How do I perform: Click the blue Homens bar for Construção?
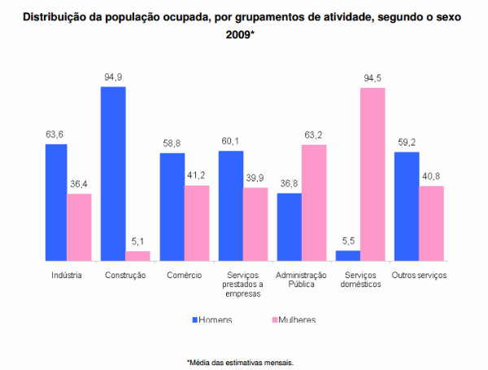click(113, 173)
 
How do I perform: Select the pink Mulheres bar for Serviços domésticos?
click(372, 173)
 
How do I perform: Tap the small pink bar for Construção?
click(137, 255)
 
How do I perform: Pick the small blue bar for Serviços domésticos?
click(348, 255)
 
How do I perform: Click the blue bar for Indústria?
click(55, 202)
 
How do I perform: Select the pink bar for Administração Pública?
click(313, 202)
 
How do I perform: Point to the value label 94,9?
click(113, 78)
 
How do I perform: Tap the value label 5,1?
click(137, 242)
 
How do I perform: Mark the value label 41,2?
click(197, 176)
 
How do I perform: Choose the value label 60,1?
click(230, 142)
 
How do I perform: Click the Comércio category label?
click(184, 275)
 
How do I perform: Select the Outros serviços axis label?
click(419, 275)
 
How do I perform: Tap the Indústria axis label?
click(67, 275)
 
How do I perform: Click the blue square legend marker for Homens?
click(195, 320)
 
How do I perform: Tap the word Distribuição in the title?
click(58, 16)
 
